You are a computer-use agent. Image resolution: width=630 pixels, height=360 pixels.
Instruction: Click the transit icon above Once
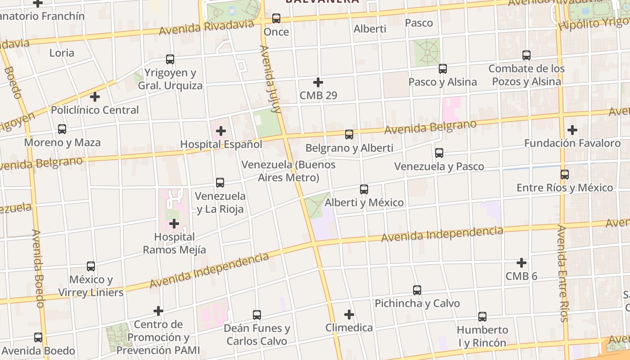(x=276, y=18)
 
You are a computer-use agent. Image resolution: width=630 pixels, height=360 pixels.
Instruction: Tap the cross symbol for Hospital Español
(x=221, y=131)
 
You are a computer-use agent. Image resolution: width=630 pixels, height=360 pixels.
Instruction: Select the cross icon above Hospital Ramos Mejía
(x=174, y=223)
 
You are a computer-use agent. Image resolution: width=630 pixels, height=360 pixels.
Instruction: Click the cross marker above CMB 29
(x=318, y=82)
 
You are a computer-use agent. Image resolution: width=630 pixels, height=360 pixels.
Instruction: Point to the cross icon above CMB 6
(x=522, y=262)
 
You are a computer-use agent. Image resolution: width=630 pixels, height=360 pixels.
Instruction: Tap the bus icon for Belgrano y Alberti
(x=349, y=134)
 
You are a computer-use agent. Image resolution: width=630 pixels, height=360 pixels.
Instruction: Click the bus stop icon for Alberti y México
(x=364, y=189)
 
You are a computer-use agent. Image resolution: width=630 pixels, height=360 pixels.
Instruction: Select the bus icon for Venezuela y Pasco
(x=439, y=153)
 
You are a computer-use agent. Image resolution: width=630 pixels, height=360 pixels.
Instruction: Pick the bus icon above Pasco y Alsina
(x=443, y=69)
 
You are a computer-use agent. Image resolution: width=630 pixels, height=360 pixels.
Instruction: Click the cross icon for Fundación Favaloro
(x=572, y=130)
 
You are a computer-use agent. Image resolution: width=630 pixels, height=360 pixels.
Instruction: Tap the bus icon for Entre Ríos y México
(x=565, y=175)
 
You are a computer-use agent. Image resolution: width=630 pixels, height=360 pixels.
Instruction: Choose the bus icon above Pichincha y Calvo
(x=417, y=290)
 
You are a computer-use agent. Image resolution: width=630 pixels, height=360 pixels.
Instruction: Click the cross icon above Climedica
(x=349, y=314)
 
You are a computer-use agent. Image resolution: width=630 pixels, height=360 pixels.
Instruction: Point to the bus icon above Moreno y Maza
(x=62, y=129)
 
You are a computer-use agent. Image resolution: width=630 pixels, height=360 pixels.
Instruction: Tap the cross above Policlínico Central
(x=95, y=97)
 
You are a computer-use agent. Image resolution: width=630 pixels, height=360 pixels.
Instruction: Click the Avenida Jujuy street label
(x=270, y=79)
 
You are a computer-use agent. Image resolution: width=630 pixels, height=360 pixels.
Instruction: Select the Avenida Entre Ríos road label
(x=562, y=273)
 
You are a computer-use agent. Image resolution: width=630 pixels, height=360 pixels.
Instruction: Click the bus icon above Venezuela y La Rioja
(x=220, y=183)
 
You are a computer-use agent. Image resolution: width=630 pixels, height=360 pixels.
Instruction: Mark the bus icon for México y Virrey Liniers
(x=91, y=266)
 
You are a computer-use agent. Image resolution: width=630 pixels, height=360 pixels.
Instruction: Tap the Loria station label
(x=62, y=53)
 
